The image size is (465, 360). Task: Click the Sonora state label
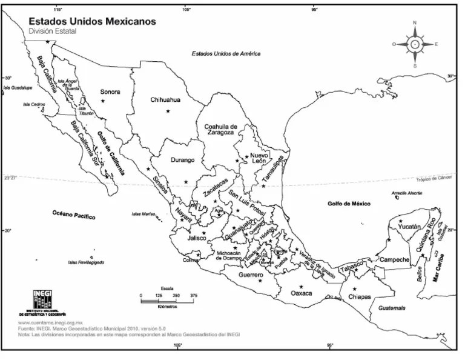110,92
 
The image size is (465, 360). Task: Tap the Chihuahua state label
165,100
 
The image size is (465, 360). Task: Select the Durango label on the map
182,161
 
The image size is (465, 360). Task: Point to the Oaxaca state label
301,293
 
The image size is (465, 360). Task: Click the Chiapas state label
359,297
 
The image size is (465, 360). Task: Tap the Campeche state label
395,259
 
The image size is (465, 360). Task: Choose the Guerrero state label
250,275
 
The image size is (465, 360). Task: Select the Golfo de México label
348,204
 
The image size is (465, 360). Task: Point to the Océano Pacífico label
74,215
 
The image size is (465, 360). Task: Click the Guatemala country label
392,308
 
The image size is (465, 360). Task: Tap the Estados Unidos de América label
226,53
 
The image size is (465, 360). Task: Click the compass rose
415,44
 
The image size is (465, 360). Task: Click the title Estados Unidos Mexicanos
93,21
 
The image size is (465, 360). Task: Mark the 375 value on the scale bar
194,295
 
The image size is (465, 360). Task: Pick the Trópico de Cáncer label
434,179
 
